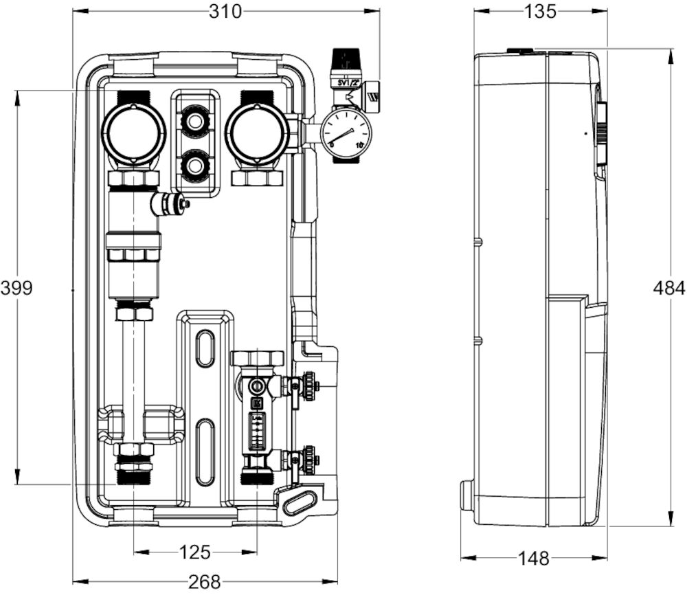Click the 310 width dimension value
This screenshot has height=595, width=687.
(226, 12)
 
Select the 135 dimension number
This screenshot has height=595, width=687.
(540, 12)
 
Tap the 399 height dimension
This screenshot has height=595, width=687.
(16, 287)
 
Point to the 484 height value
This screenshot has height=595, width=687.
(668, 288)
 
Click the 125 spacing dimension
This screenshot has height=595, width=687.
(194, 552)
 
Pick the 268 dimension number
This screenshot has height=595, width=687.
(204, 582)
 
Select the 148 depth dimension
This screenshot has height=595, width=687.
(534, 559)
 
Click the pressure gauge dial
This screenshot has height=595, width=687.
(346, 133)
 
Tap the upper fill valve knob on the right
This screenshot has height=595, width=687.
(311, 386)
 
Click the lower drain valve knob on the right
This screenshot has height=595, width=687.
(311, 458)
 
